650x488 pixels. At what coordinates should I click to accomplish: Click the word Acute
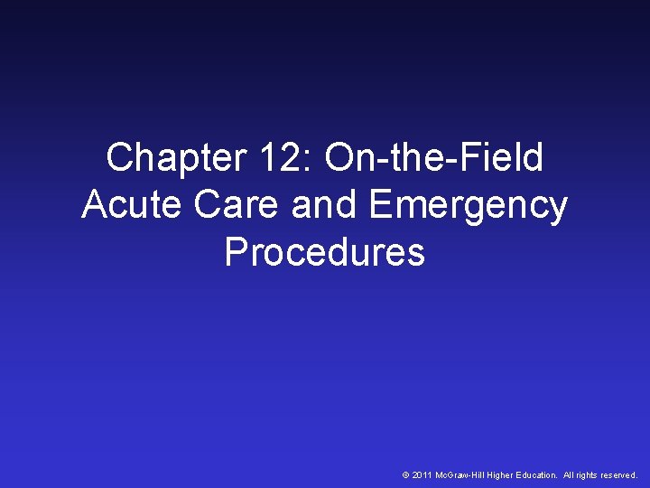click(131, 205)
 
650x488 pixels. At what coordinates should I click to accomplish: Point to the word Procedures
click(324, 252)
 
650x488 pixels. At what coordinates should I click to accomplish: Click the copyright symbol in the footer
click(405, 474)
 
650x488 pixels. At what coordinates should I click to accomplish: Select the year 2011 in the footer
click(422, 474)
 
